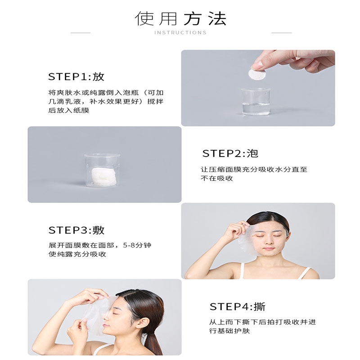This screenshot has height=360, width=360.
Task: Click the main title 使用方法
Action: pos(180,18)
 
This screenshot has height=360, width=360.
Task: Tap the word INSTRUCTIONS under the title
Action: pos(180,32)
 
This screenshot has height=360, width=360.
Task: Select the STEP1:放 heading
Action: pos(76,76)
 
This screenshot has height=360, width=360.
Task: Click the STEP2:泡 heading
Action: pos(230,153)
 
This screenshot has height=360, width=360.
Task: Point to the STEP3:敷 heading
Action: pos(76,230)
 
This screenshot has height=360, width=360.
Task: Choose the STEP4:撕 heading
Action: pos(238,307)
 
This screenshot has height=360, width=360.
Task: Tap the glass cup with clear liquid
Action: pos(256,102)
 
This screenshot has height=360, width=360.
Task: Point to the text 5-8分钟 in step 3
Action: pos(137,245)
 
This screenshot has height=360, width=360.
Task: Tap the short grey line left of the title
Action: pos(81,33)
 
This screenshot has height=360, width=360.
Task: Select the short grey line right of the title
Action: pos(282,33)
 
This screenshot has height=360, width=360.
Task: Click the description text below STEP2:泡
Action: pos(254,174)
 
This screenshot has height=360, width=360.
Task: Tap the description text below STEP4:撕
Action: pos(262,326)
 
